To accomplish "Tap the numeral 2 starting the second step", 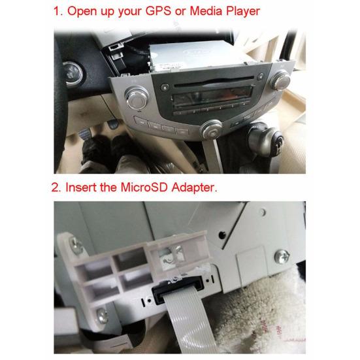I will (56, 188).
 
